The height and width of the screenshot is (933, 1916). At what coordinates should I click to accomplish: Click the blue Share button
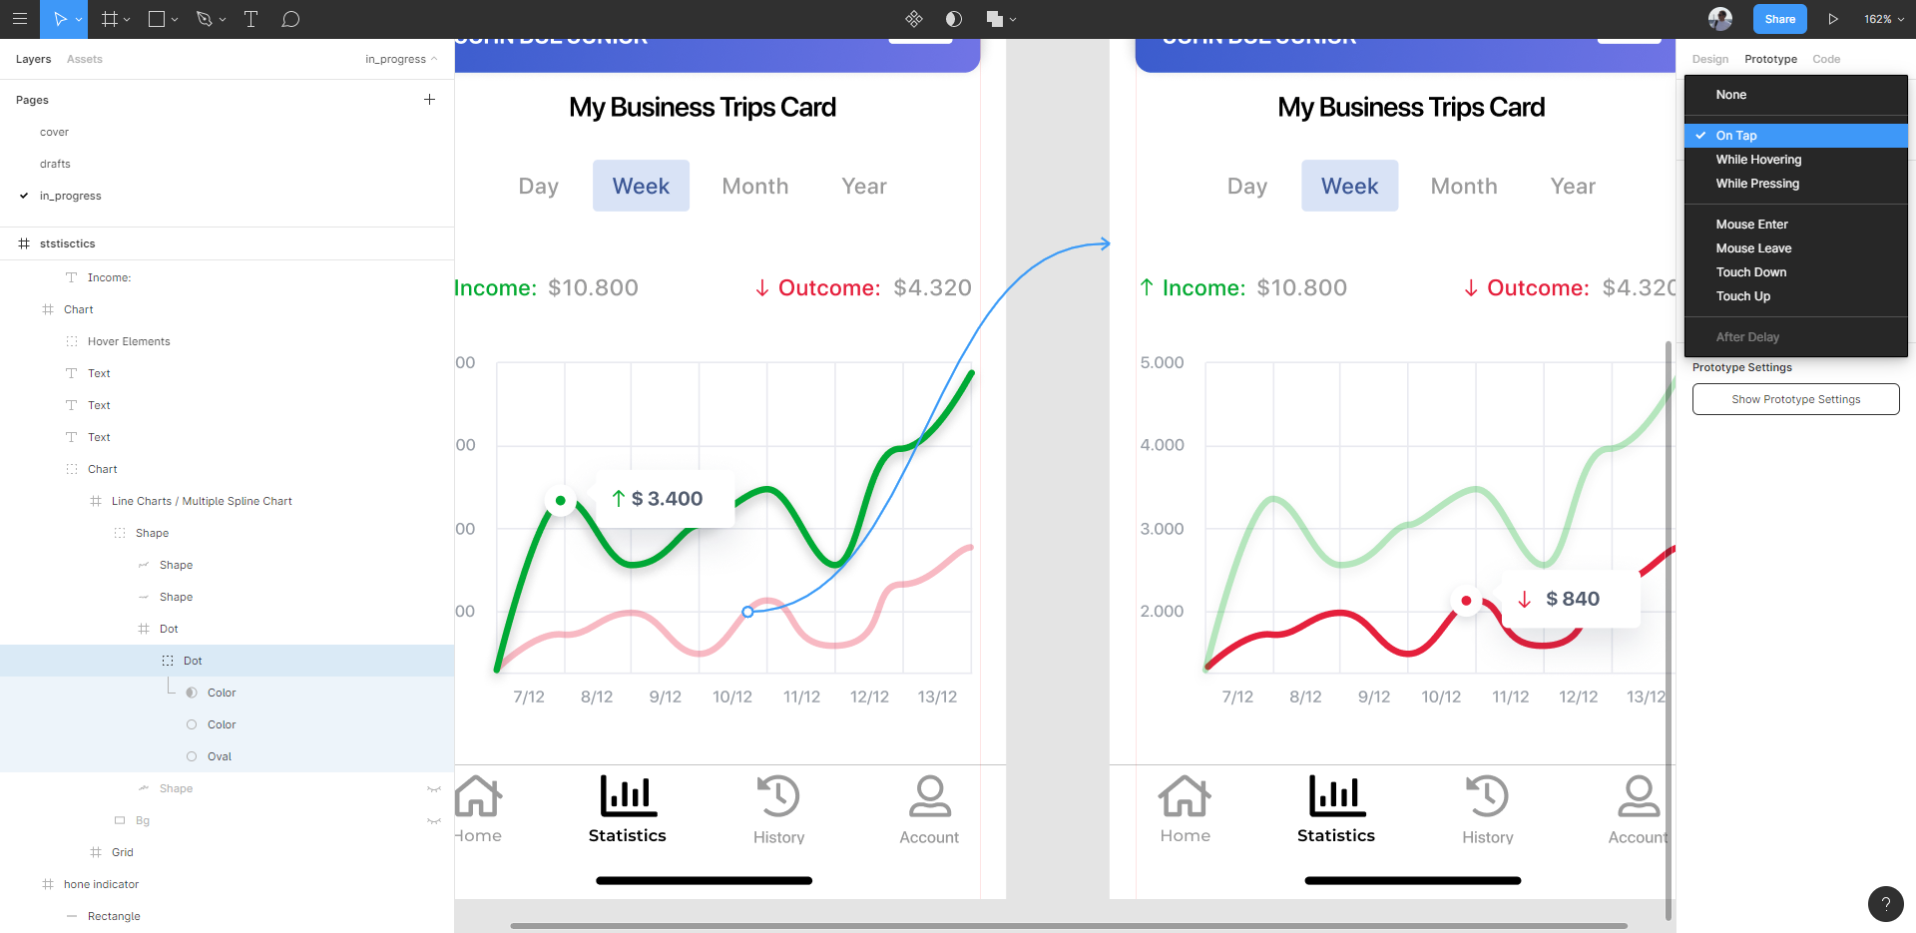[x=1779, y=19]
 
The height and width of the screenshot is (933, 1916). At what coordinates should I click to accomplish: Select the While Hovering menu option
[x=1758, y=160]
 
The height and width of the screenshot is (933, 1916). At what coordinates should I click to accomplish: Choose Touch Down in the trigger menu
[x=1750, y=272]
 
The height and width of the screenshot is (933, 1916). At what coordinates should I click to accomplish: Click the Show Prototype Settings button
[x=1795, y=399]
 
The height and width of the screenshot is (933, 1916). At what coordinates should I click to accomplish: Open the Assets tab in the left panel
[x=85, y=59]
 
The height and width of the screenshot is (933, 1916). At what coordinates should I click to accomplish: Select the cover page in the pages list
[x=54, y=132]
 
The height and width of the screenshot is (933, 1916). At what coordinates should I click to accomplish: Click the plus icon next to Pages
[x=429, y=100]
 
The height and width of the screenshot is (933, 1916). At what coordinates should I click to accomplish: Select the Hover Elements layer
[x=129, y=341]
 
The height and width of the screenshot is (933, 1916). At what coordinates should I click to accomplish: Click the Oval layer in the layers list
[x=220, y=756]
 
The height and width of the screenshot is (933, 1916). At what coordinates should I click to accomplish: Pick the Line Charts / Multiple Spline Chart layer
[x=202, y=501]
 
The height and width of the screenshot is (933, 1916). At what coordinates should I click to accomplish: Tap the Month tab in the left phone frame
[x=754, y=187]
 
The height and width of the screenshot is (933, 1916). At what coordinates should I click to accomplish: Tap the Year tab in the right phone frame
[x=1573, y=187]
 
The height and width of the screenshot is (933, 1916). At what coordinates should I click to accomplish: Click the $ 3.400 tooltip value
[x=667, y=499]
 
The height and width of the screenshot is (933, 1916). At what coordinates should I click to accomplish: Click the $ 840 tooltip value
[x=1572, y=599]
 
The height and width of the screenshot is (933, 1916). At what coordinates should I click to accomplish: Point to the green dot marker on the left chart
[x=561, y=501]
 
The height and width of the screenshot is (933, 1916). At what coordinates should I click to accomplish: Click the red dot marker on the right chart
[x=1466, y=601]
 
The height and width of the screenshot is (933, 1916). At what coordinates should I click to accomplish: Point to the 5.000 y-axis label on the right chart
[x=1162, y=362]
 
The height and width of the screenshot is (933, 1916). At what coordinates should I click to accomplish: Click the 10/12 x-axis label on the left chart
[x=732, y=697]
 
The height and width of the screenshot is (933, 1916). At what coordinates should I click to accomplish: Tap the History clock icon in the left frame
[x=778, y=796]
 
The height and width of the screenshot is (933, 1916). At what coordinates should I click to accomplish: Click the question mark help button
[x=1885, y=904]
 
